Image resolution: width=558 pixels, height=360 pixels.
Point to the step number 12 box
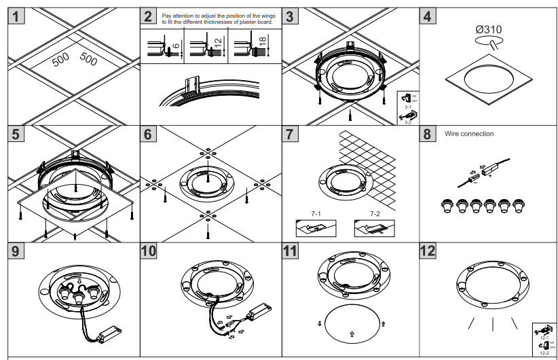(428, 251)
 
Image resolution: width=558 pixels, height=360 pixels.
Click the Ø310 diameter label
(488, 29)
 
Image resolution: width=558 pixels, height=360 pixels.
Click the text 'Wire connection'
(469, 134)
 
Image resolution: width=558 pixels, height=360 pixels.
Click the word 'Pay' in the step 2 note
(168, 14)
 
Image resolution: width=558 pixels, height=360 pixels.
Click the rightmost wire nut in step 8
(519, 205)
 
